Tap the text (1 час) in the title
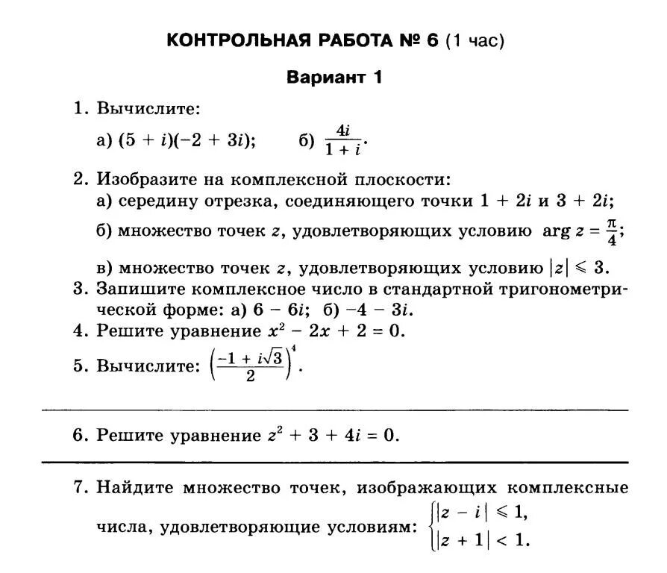click(x=475, y=40)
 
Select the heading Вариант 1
click(x=335, y=78)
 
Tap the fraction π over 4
click(x=612, y=231)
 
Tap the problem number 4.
click(x=80, y=331)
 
